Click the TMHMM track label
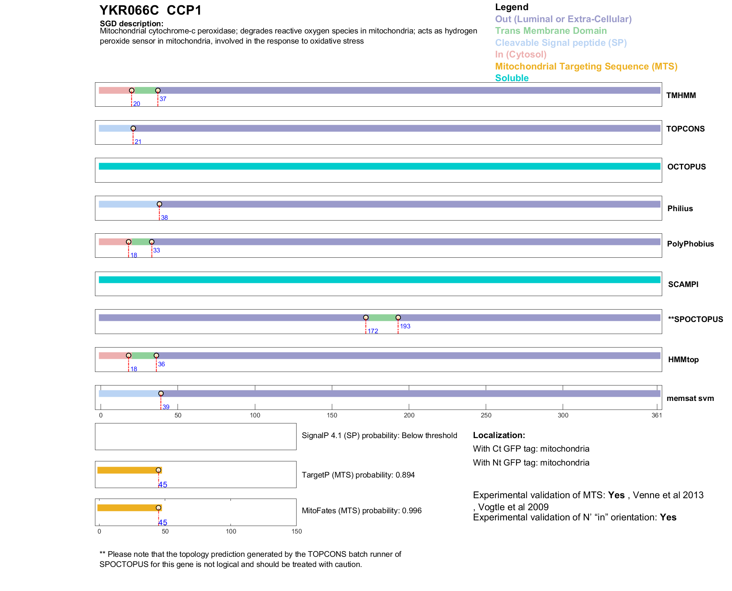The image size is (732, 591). click(x=681, y=95)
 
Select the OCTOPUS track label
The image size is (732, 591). click(x=686, y=167)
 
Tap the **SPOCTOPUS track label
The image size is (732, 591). click(x=695, y=319)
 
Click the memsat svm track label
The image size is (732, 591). click(x=690, y=398)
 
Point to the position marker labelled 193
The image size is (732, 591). click(x=398, y=317)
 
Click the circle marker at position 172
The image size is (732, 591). click(x=366, y=317)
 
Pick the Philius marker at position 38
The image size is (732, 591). click(x=159, y=204)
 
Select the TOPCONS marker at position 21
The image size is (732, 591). click(x=133, y=128)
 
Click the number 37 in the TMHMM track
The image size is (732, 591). click(x=163, y=99)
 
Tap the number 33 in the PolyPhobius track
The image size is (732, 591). click(x=156, y=251)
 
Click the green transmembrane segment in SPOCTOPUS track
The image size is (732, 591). click(x=382, y=317)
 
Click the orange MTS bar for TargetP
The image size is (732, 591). click(x=128, y=470)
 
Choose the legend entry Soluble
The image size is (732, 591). click(x=512, y=78)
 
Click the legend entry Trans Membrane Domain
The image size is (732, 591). click(x=551, y=31)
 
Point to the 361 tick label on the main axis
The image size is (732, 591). click(x=657, y=415)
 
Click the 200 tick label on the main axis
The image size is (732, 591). click(x=409, y=415)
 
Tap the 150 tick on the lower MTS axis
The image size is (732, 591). click(x=297, y=531)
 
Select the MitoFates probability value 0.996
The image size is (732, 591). click(x=411, y=511)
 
